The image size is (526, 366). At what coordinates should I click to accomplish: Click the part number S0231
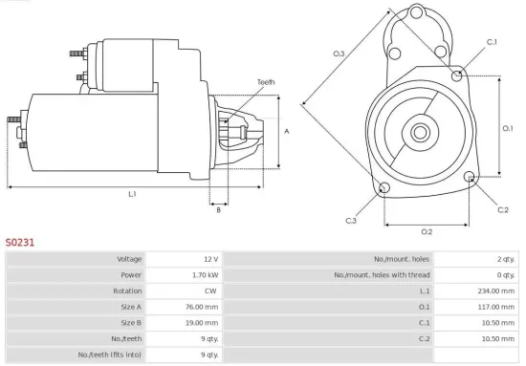[20, 242]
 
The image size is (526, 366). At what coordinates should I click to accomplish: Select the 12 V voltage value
[209, 259]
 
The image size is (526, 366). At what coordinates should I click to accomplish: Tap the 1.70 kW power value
[205, 275]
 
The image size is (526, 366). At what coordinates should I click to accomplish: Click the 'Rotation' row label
[128, 291]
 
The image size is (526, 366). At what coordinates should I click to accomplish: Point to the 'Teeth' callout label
[266, 82]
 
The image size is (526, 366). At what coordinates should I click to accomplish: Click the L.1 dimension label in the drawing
[132, 194]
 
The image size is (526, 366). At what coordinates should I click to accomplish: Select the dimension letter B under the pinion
[218, 209]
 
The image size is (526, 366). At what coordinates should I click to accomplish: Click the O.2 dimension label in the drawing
[427, 231]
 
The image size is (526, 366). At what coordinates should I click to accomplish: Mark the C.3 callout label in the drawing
[352, 221]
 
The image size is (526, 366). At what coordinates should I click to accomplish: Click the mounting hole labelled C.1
[458, 75]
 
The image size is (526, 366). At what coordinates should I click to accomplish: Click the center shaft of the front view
[422, 129]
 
